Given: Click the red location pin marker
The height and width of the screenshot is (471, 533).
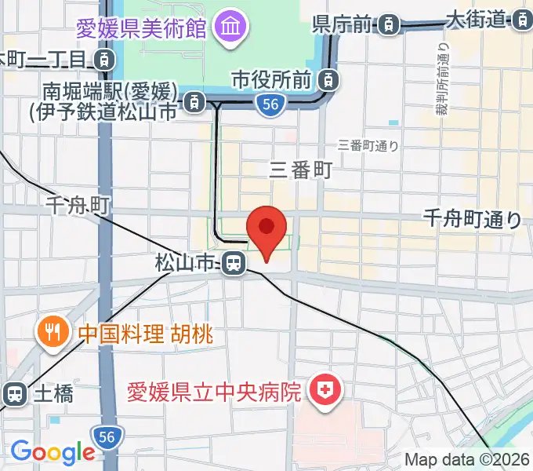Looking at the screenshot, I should click(x=266, y=228).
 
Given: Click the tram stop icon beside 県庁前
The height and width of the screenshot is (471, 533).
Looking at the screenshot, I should click(x=386, y=25).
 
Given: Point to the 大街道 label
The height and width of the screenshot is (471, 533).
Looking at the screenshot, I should click(x=475, y=20).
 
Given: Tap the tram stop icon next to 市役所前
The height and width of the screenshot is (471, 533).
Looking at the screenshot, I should click(x=332, y=78).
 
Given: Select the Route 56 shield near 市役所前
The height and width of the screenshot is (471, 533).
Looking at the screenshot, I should click(x=270, y=104).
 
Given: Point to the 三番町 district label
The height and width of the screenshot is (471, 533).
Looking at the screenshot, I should click(x=302, y=169).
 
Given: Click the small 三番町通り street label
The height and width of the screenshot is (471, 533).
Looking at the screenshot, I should click(x=368, y=145).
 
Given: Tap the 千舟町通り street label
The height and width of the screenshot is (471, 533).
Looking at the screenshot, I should click(x=472, y=219).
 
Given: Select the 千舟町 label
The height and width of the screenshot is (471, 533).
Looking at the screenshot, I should click(x=78, y=206).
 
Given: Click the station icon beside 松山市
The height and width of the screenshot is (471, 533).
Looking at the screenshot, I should click(x=232, y=265).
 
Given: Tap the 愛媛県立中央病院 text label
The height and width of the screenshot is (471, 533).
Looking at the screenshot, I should click(x=214, y=391).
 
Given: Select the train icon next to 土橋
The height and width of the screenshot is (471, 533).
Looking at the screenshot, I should click(x=13, y=396).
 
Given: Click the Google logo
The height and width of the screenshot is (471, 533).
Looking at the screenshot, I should click(x=52, y=453).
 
